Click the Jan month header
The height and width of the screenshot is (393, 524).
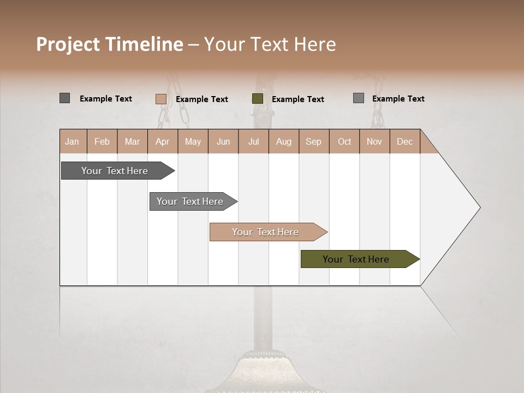pyautogui.click(x=72, y=142)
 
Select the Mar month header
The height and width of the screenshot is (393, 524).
pyautogui.click(x=132, y=142)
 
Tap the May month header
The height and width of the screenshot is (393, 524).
pyautogui.click(x=193, y=142)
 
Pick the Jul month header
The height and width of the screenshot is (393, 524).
pyautogui.click(x=253, y=142)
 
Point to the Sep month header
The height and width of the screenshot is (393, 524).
pyautogui.click(x=313, y=142)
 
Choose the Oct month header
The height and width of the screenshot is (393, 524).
pyautogui.click(x=344, y=142)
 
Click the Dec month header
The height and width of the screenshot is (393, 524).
pyautogui.click(x=404, y=142)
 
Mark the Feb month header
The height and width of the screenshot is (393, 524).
pyautogui.click(x=102, y=142)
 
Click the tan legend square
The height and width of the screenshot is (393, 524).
pyautogui.click(x=161, y=99)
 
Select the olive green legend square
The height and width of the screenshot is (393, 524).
pyautogui.click(x=258, y=99)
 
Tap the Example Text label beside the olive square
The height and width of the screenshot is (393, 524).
pyautogui.click(x=298, y=99)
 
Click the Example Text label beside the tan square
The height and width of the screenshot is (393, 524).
pyautogui.click(x=202, y=99)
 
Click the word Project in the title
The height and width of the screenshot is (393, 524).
pyautogui.click(x=68, y=44)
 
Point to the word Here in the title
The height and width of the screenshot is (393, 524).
pyautogui.click(x=315, y=44)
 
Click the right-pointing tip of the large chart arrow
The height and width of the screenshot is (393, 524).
pyautogui.click(x=478, y=207)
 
